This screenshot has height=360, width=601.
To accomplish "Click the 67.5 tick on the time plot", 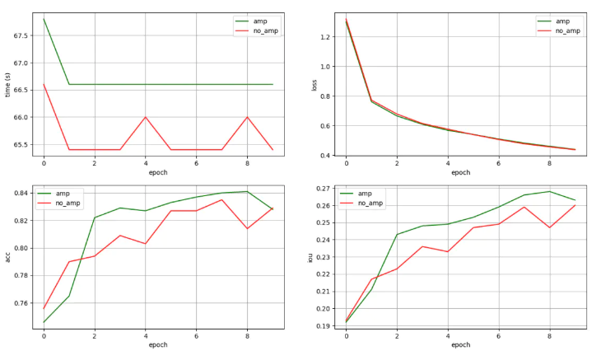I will (x=21, y=35).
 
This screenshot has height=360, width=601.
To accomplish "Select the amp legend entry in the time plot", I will (x=263, y=21).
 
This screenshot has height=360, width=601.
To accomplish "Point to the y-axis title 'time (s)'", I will (x=7, y=83).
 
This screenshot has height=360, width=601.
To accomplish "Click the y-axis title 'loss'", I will (x=314, y=83).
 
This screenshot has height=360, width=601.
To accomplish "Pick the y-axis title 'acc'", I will (x=7, y=256).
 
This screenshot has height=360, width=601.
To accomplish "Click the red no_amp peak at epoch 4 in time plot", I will (x=146, y=117).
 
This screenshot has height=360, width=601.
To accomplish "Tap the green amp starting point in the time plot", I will (x=44, y=19).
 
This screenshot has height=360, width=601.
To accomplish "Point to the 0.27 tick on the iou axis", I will (x=324, y=189).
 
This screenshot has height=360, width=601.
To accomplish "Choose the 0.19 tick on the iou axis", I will (x=324, y=326).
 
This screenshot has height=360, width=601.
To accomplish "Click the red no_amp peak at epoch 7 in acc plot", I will (x=221, y=199).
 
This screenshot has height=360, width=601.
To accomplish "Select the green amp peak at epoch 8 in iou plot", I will (x=550, y=192).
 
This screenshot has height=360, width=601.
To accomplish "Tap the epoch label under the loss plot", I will (x=460, y=172).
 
